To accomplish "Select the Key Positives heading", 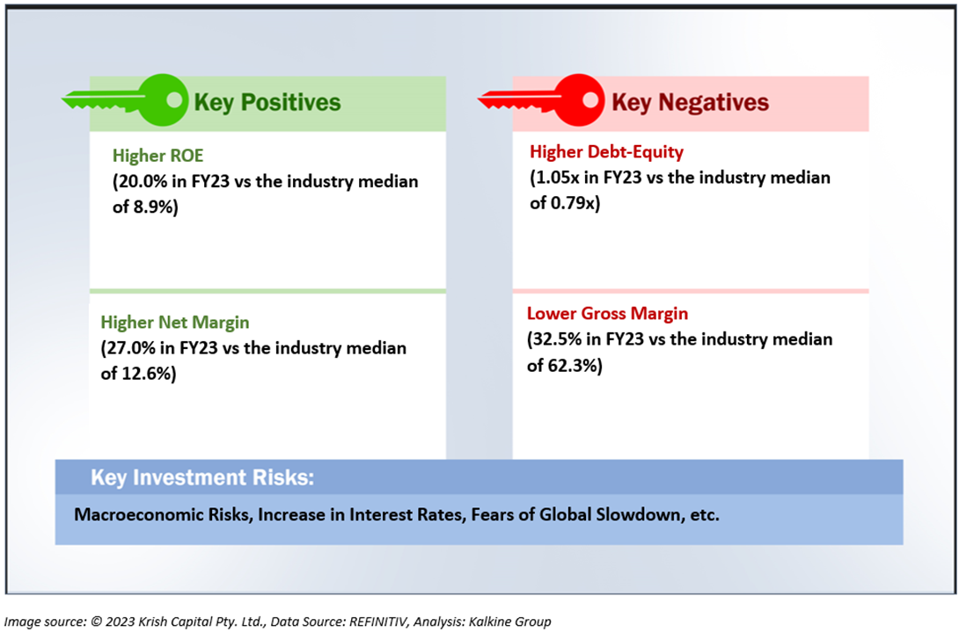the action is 267,103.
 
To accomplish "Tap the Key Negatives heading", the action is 690,103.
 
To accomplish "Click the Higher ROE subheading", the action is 157,156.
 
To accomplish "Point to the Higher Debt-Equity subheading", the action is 607,152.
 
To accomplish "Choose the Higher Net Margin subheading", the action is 175,323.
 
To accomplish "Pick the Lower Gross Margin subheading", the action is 607,314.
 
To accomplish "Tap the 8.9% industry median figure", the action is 153,207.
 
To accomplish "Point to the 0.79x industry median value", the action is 573,203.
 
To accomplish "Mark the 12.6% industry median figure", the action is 146,374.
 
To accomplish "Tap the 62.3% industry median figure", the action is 572,366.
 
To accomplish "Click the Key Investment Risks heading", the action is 202,477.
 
